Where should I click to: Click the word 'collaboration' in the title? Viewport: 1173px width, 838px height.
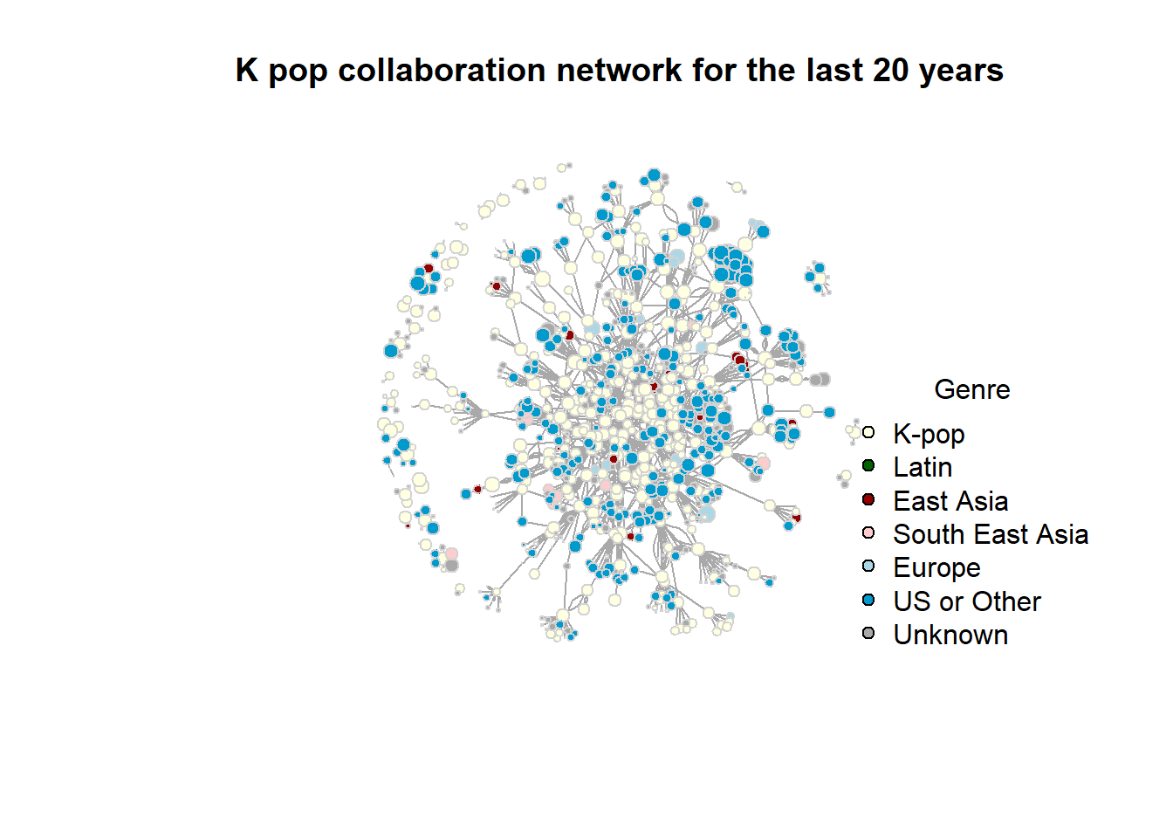(442, 70)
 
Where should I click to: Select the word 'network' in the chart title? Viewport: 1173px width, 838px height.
(619, 70)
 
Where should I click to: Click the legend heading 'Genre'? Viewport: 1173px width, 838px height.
(972, 389)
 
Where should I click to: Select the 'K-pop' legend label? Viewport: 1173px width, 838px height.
(929, 435)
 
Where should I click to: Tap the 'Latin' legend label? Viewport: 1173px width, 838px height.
(923, 467)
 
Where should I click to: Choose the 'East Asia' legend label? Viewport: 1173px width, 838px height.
(950, 501)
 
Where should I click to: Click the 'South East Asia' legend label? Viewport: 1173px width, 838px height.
(991, 535)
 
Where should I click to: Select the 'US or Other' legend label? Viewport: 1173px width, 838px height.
(967, 601)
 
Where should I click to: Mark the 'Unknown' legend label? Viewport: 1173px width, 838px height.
(950, 635)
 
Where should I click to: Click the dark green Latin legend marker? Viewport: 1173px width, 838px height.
(868, 465)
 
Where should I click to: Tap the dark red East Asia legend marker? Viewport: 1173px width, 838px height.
(868, 499)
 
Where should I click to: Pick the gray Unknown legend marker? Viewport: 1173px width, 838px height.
(868, 633)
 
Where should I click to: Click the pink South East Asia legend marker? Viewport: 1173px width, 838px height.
(868, 532)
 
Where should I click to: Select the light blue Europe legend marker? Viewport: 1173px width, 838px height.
(868, 567)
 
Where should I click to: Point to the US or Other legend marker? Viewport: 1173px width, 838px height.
(868, 600)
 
